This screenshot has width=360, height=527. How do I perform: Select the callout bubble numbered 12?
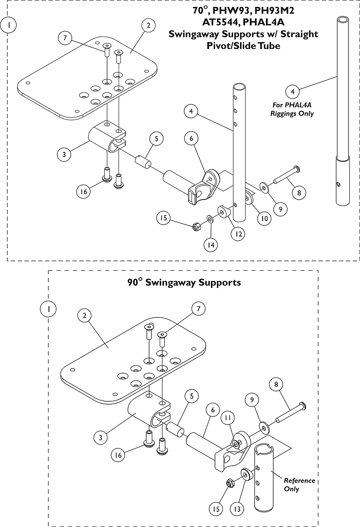(238, 234)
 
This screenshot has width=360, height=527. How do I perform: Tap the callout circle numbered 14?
(210, 245)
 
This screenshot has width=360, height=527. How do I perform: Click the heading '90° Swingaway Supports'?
(184, 282)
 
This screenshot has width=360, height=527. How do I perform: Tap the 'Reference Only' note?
(299, 485)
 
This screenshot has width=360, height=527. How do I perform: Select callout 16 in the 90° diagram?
(118, 455)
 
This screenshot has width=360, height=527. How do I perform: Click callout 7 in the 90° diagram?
(198, 309)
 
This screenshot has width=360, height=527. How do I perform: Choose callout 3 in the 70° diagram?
(64, 154)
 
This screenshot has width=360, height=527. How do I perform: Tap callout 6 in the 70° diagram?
(191, 138)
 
